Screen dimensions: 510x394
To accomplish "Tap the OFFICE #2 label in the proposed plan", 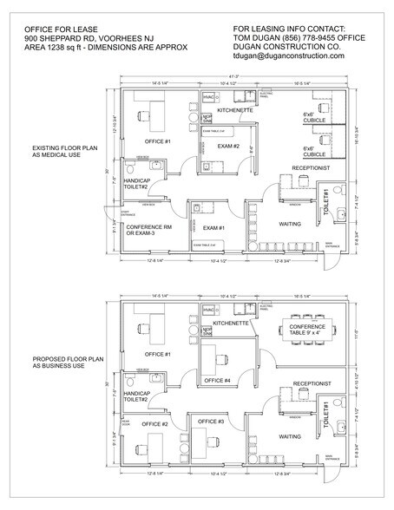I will (154, 423).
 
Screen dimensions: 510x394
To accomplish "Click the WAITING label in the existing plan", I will (290, 224).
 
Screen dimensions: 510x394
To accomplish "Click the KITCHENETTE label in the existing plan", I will (234, 111).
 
